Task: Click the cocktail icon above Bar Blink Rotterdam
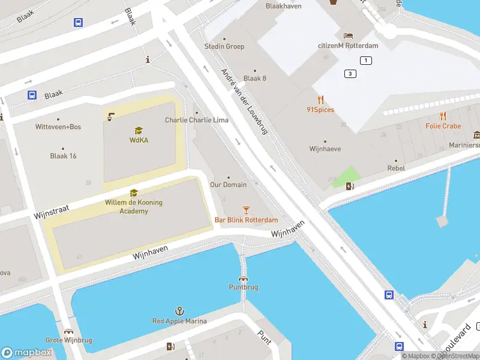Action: tap(246, 209)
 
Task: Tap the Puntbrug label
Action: tap(244, 287)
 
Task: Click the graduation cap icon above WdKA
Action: tap(139, 130)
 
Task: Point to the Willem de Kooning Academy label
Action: tap(134, 206)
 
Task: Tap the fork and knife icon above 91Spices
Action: tap(320, 100)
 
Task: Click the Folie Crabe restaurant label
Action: tap(443, 126)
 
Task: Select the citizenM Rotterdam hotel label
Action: tap(348, 46)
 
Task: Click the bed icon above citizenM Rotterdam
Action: tap(348, 35)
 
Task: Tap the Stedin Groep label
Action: tap(224, 46)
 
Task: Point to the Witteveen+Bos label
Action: tap(58, 127)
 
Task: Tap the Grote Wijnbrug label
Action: tap(70, 340)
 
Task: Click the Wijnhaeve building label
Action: tap(325, 148)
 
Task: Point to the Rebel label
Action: tap(395, 169)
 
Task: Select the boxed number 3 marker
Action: tap(350, 74)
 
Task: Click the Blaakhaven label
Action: tap(283, 6)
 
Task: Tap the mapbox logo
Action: tap(27, 353)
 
